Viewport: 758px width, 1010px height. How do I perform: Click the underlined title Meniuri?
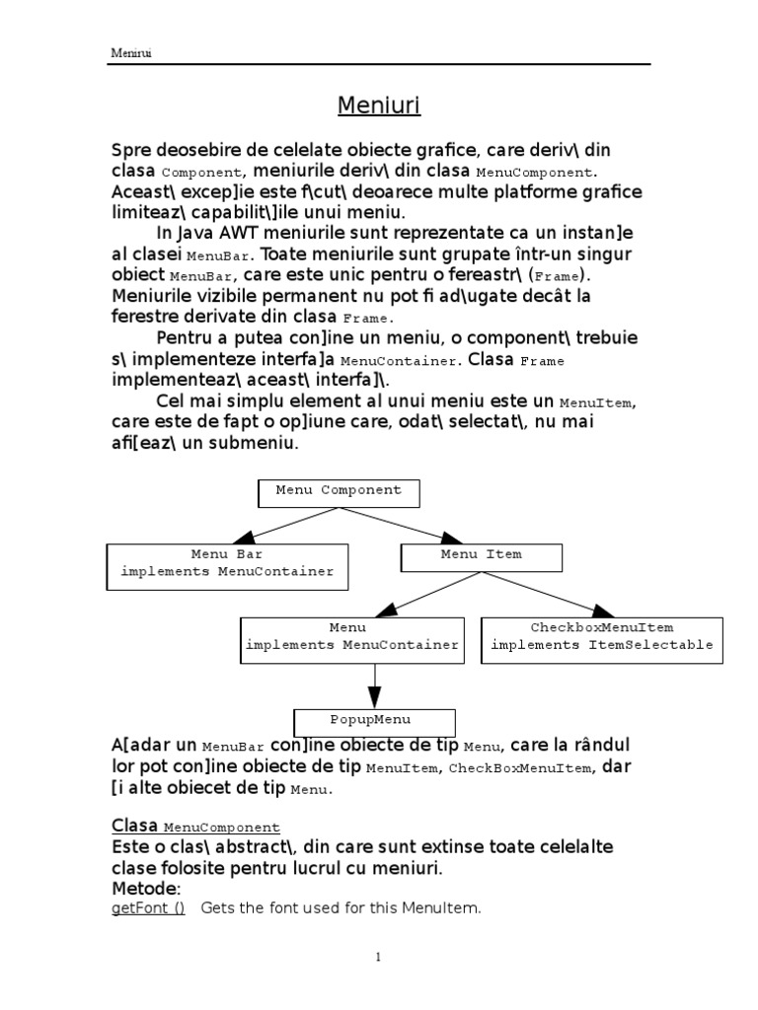point(379,106)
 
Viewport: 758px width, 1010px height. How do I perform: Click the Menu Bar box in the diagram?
point(227,563)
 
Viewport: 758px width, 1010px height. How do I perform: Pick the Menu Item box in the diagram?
point(481,557)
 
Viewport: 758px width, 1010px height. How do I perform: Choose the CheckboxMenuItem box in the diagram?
point(601,636)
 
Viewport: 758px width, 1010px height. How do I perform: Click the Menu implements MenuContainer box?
point(352,637)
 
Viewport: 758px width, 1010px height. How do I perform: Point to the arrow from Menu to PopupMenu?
point(375,684)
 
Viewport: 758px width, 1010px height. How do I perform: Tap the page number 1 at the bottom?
point(377,957)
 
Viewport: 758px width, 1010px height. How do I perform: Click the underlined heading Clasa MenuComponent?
point(195,827)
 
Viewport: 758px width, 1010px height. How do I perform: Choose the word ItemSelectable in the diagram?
point(663,645)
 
